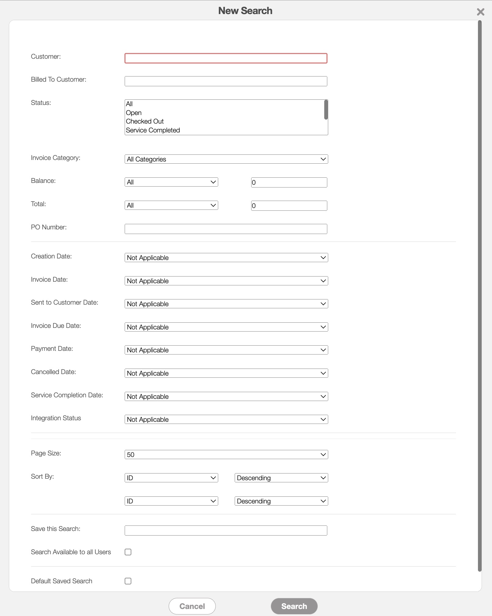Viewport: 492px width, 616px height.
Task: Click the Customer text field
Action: pos(226,58)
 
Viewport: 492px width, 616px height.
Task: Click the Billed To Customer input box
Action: pos(226,81)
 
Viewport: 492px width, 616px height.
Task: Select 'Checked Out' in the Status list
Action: pos(145,121)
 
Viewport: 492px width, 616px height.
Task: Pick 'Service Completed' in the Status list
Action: pos(153,130)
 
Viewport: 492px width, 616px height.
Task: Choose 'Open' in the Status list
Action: pos(134,113)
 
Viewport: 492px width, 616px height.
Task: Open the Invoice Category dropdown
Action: pos(226,159)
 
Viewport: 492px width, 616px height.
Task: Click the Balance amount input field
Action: pos(289,182)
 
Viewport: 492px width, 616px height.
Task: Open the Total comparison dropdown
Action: pos(171,205)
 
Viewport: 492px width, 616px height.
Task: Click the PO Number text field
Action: pos(226,229)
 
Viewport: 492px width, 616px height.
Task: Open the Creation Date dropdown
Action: pos(226,258)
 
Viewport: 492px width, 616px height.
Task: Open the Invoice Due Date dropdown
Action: pos(226,327)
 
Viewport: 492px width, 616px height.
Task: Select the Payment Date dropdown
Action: pos(226,350)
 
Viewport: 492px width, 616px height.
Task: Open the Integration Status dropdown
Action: pos(226,419)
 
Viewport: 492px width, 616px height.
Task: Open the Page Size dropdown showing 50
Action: pos(226,455)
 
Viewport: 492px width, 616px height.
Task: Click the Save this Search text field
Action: pos(226,530)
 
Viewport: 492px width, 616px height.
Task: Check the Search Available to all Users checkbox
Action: pos(128,552)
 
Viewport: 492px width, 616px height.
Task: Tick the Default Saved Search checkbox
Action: pos(128,581)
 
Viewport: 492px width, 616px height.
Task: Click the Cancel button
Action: pos(192,606)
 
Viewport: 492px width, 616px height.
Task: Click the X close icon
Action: pos(480,12)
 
